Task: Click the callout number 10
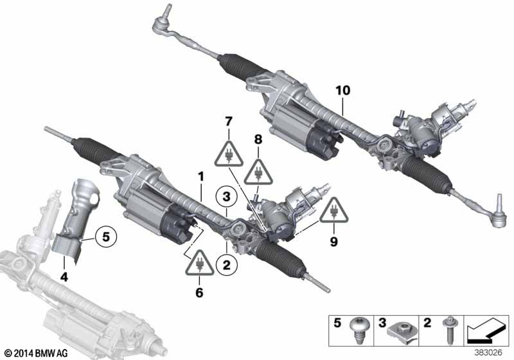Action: tap(342, 90)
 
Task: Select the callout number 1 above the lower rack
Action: tap(200, 177)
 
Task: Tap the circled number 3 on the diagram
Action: tap(227, 197)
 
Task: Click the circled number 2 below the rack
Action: tap(227, 265)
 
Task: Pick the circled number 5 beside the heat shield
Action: tap(106, 236)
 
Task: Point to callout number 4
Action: tap(64, 277)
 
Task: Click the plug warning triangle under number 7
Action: tap(229, 154)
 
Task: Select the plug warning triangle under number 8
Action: tap(258, 172)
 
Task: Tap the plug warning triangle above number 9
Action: tap(334, 210)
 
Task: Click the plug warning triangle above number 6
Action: tap(200, 263)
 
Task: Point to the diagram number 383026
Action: tap(488, 353)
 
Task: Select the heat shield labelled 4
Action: tap(76, 221)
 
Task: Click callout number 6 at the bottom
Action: tap(199, 292)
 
